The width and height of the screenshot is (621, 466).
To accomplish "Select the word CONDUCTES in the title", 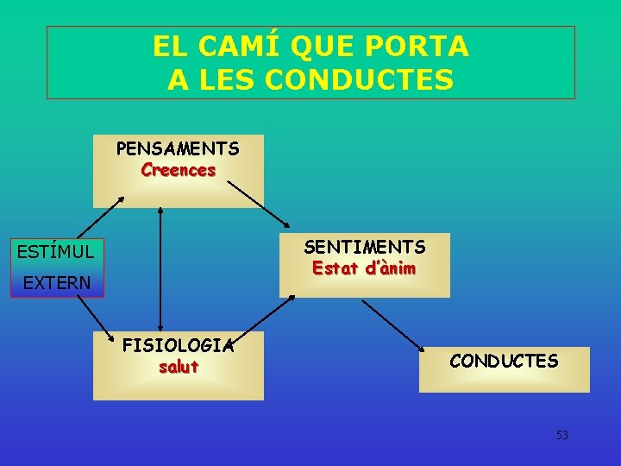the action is click(x=360, y=80).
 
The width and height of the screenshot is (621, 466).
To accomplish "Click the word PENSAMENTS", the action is click(x=178, y=149).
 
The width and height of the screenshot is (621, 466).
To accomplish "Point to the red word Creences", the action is click(x=178, y=170).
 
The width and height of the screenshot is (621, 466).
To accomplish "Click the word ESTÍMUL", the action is click(x=56, y=252).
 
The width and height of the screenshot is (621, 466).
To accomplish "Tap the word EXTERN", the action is click(x=56, y=282).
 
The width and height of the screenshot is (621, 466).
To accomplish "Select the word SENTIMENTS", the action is click(x=364, y=248).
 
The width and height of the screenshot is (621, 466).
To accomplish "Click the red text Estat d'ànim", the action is click(x=364, y=268).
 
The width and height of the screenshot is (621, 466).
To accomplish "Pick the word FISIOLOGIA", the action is click(x=178, y=346).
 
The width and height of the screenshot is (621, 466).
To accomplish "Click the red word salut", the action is click(x=178, y=367).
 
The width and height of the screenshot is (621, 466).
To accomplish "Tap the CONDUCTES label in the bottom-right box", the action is click(x=504, y=361).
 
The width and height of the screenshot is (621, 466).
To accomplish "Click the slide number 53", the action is click(x=562, y=435).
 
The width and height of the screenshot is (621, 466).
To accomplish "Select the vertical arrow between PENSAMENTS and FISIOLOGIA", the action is click(x=160, y=270).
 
